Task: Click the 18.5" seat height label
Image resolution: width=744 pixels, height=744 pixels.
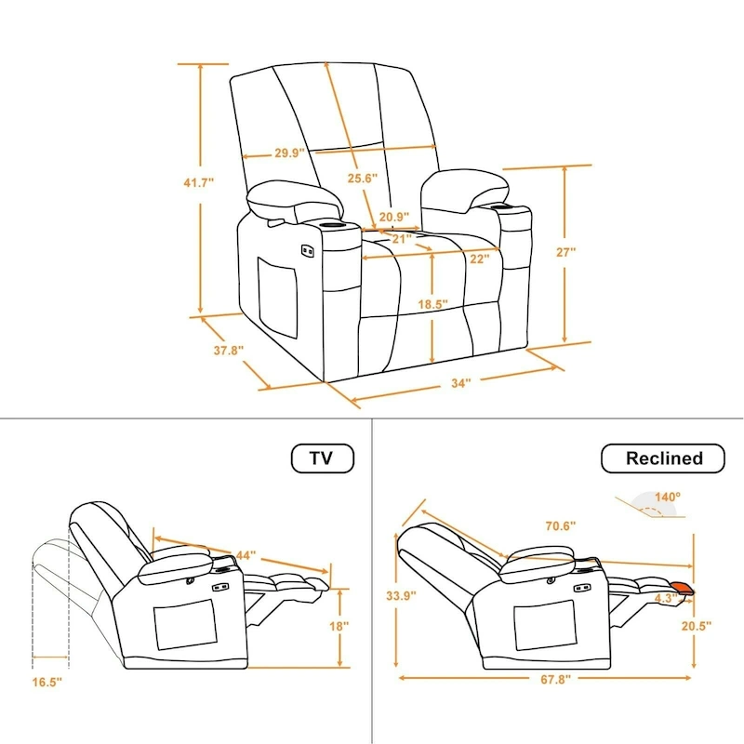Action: coord(433,304)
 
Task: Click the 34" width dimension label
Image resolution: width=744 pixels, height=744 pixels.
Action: coord(461,382)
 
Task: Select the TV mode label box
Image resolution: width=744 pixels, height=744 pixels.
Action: coord(323,458)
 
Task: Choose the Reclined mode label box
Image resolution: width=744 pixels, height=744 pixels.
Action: coord(663,458)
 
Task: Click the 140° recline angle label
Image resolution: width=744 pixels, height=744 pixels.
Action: coord(667,498)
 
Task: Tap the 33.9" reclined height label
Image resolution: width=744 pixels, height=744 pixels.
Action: coord(402,595)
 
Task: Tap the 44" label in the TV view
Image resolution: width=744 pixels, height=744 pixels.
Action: coord(246,555)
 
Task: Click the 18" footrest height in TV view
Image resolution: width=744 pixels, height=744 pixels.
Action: coord(339,627)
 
